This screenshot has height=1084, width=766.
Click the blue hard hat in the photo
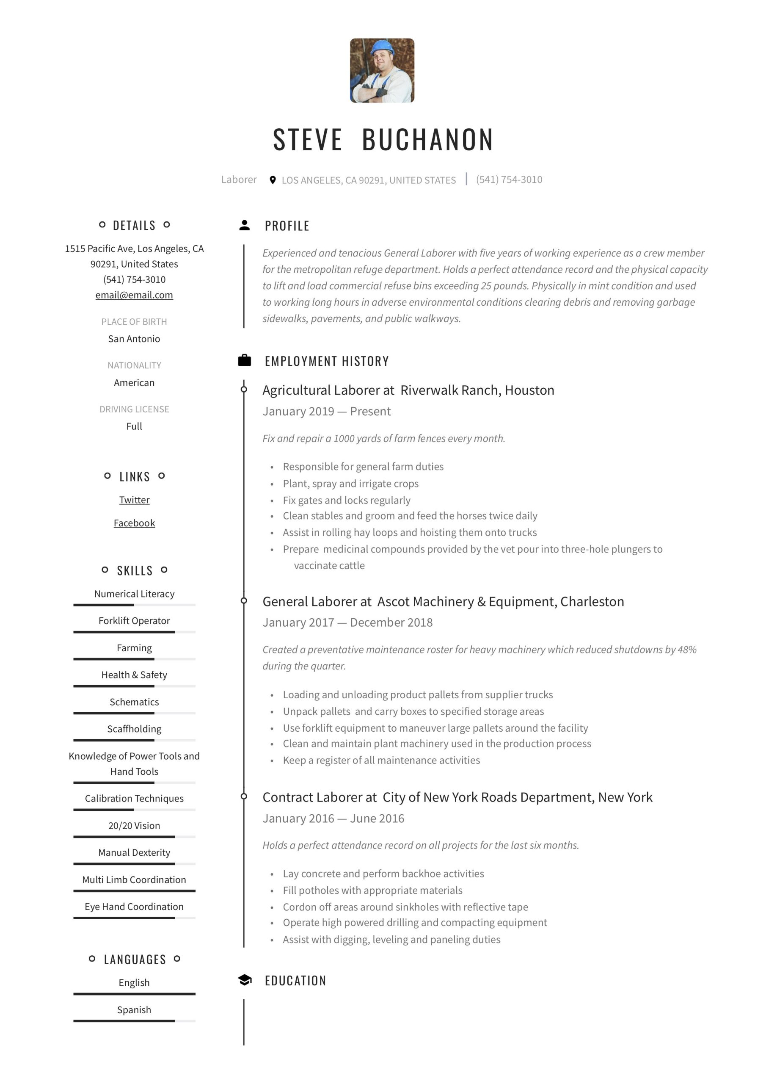click(382, 47)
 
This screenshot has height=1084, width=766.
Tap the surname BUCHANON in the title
click(427, 140)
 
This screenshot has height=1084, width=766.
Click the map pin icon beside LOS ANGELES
click(272, 180)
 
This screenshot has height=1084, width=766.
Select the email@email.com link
click(134, 295)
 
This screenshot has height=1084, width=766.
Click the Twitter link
click(134, 500)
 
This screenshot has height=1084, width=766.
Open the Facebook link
click(134, 523)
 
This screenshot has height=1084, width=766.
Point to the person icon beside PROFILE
click(245, 225)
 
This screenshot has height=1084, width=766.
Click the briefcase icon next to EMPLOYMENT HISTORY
click(245, 361)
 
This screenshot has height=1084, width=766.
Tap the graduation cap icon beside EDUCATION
click(245, 980)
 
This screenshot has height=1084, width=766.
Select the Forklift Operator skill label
click(134, 620)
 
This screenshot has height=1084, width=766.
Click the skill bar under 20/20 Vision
click(134, 837)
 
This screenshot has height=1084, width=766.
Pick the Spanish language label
click(134, 1009)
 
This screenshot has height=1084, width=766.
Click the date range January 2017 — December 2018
click(347, 622)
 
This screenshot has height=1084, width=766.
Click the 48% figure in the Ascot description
click(687, 650)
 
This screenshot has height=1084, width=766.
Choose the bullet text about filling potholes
click(372, 890)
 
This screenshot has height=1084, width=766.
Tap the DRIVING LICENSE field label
click(134, 409)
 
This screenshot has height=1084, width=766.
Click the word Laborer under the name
click(239, 180)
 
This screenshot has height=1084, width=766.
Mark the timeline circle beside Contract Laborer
click(244, 796)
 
